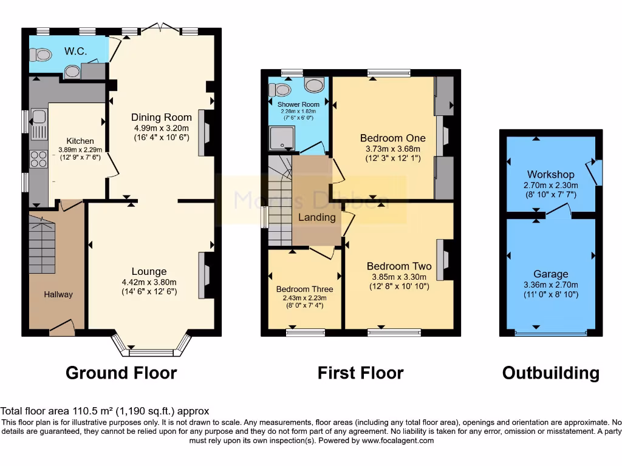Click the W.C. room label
tap(76, 52)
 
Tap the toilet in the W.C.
tap(42, 55)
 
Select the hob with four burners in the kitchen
tap(39, 160)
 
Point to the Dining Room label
tap(161, 117)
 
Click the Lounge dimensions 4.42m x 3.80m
tap(149, 282)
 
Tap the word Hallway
tap(58, 294)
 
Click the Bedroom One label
tap(392, 138)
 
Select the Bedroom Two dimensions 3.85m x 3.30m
tap(399, 277)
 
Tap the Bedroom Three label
tap(301, 289)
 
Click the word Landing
tap(316, 217)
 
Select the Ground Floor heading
tap(121, 373)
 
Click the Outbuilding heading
tap(550, 373)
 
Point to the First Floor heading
tap(360, 373)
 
